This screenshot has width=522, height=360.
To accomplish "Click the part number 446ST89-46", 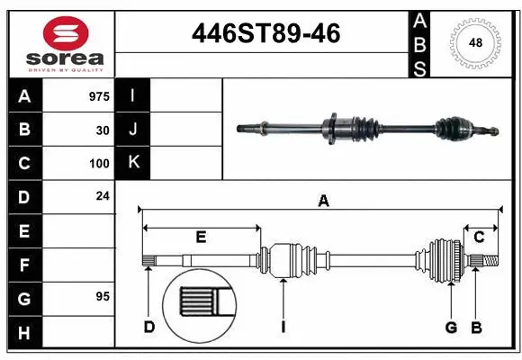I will tap(266, 33).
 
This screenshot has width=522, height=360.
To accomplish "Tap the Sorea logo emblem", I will tap(66, 33).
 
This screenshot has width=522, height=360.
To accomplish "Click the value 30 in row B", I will tap(103, 130).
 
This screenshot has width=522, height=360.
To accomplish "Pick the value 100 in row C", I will tap(99, 164).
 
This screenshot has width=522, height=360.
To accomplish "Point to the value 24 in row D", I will tap(103, 195).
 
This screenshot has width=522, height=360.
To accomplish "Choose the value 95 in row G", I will tap(103, 295).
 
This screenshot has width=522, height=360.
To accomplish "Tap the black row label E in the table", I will tap(24, 230).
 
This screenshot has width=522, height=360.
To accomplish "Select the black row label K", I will tap(133, 163).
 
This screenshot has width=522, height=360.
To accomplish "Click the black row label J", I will tap(133, 130).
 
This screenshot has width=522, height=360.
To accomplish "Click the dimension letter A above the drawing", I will tap(322, 202).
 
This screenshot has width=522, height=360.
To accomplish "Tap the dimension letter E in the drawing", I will tap(201, 237).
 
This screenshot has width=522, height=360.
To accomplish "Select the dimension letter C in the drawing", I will tap(479, 237).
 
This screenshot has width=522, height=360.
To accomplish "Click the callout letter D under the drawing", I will tap(149, 327).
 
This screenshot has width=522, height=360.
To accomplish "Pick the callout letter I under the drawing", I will tap(283, 327).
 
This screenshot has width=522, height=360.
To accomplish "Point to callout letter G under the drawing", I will tap(451, 327).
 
